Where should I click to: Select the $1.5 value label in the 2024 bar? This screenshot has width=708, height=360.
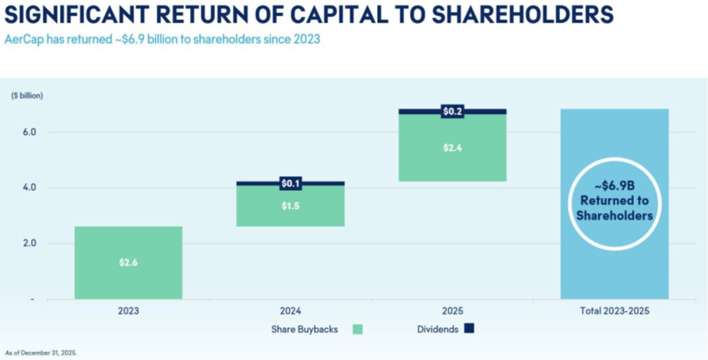pyautogui.click(x=290, y=206)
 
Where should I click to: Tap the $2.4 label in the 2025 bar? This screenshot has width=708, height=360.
pyautogui.click(x=453, y=148)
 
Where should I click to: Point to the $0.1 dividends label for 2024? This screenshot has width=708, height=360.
pyautogui.click(x=290, y=184)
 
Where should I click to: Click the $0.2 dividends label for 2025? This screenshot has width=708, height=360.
pyautogui.click(x=453, y=111)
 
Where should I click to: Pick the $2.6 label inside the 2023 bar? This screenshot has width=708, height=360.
pyautogui.click(x=129, y=263)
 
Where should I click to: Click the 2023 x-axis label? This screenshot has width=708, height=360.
pyautogui.click(x=129, y=310)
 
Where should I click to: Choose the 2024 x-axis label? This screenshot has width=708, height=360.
pyautogui.click(x=291, y=310)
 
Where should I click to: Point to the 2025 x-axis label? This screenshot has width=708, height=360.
pyautogui.click(x=453, y=310)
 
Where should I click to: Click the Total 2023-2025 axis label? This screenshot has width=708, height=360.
pyautogui.click(x=615, y=310)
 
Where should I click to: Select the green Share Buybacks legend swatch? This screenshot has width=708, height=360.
pyautogui.click(x=358, y=329)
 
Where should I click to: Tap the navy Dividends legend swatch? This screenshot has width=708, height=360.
pyautogui.click(x=468, y=329)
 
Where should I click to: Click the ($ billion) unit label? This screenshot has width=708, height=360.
pyautogui.click(x=27, y=96)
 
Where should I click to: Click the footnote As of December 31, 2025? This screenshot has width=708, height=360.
pyautogui.click(x=41, y=353)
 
